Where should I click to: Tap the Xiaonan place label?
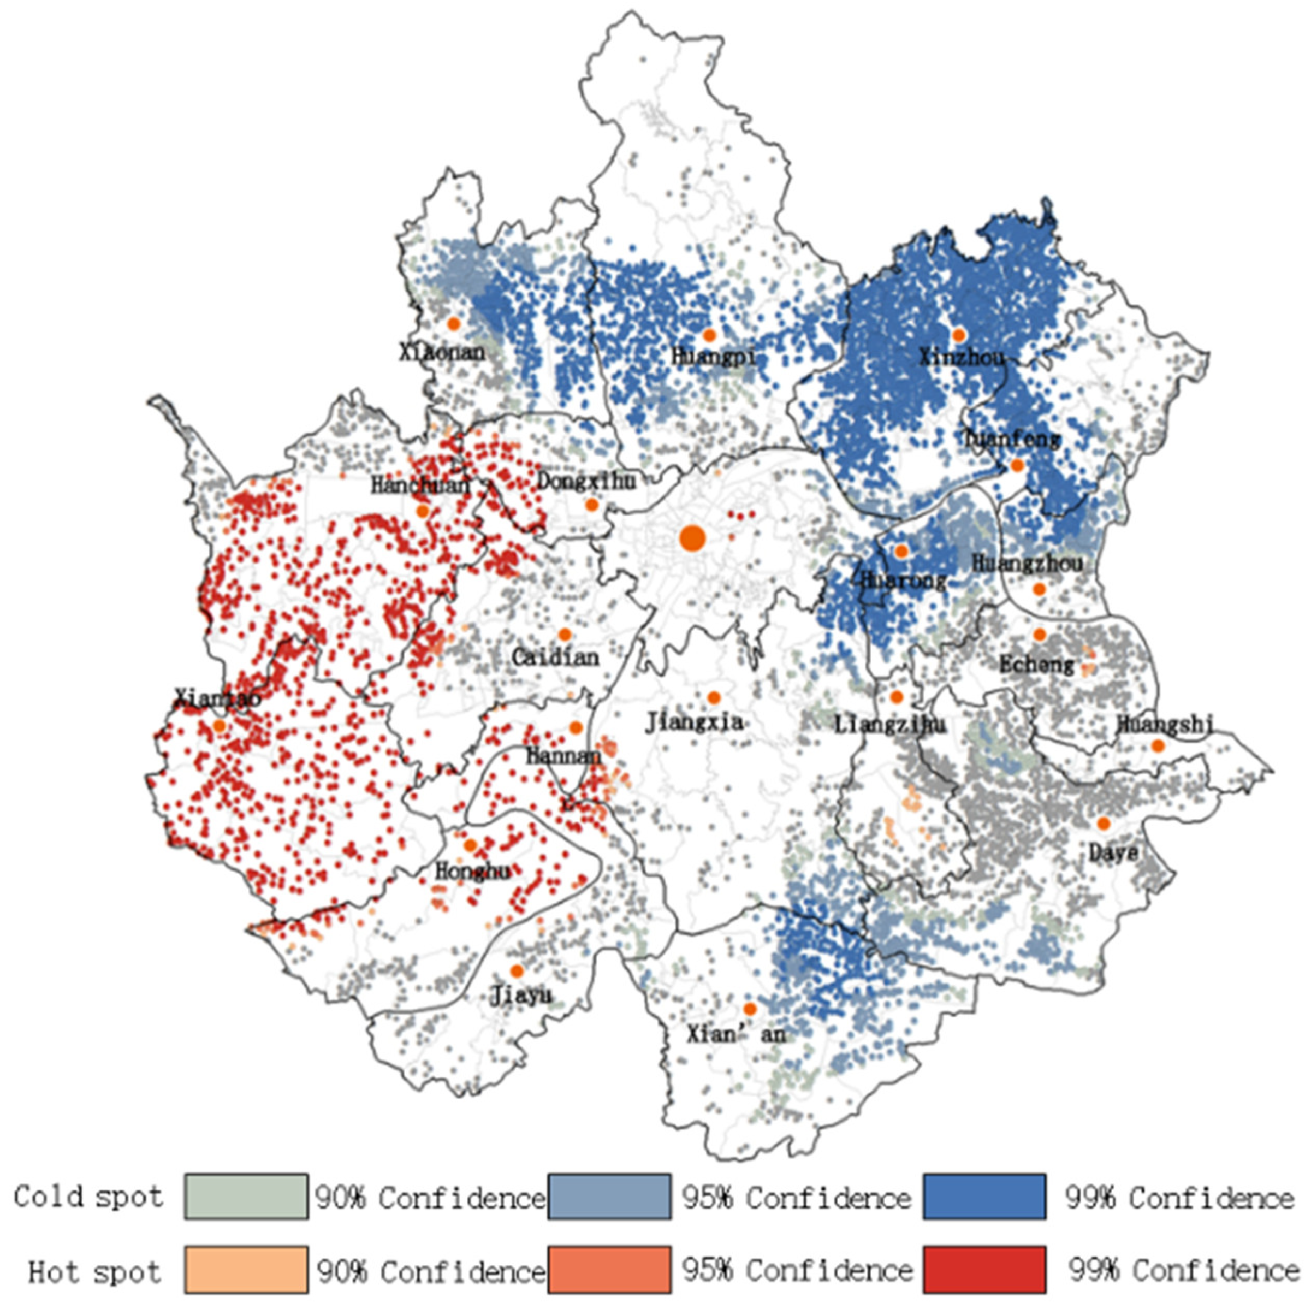point(442,352)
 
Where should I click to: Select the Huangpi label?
point(713,356)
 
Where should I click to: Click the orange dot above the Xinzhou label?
point(959,335)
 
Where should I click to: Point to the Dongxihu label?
point(587,481)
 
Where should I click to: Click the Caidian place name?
point(555,657)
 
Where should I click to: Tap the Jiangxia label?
point(693,722)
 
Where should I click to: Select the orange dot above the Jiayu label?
point(517,971)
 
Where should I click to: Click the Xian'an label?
point(735,1033)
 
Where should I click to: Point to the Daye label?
point(1113,852)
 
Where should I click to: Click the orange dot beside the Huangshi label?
point(1158,746)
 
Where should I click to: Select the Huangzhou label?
point(1027,562)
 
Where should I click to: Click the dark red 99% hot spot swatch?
point(984,1269)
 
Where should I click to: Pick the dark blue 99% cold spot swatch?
point(984,1197)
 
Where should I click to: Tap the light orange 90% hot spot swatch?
point(246,1269)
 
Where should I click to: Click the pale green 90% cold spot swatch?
point(246,1197)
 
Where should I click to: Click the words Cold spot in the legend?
point(88,1197)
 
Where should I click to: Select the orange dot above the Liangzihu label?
point(895,697)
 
